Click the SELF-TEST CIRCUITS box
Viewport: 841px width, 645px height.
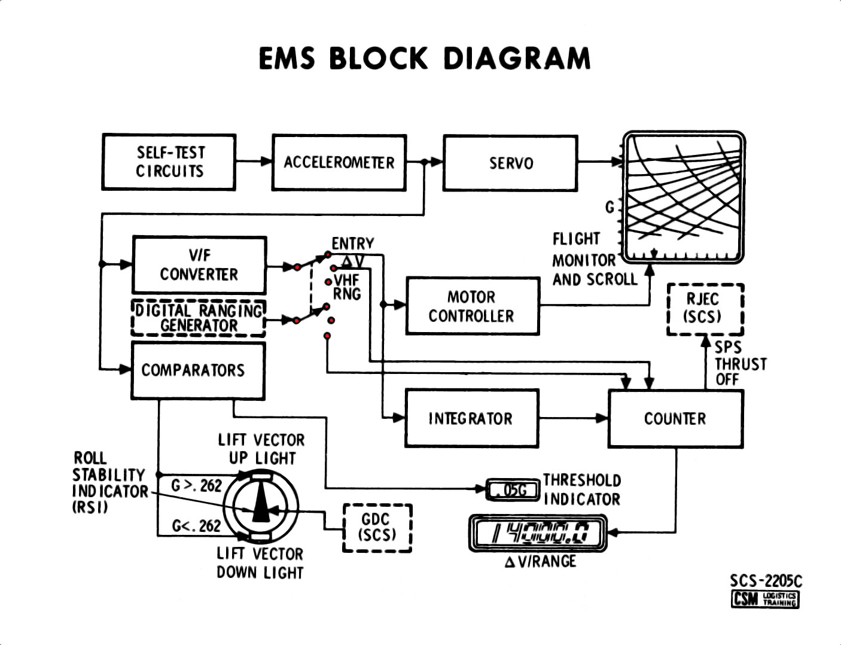click(169, 162)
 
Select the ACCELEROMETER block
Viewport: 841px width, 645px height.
click(339, 162)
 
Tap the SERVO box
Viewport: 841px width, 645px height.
click(510, 163)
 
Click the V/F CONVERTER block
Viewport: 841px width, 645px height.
click(199, 265)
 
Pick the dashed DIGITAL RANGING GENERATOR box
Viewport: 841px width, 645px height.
click(198, 318)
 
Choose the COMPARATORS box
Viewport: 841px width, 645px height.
click(198, 370)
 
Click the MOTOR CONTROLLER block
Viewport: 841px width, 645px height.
click(472, 306)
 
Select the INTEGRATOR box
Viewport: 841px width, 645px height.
click(471, 418)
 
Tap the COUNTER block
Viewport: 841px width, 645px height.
click(675, 418)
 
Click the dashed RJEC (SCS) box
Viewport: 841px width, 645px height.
click(705, 309)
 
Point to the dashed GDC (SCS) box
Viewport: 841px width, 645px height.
click(377, 527)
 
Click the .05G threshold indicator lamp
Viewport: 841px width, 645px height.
click(511, 490)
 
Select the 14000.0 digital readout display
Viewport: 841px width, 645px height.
click(537, 532)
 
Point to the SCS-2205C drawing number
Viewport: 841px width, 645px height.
click(765, 580)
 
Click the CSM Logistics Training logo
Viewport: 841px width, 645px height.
click(764, 598)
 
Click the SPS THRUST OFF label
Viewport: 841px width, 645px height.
click(740, 363)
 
